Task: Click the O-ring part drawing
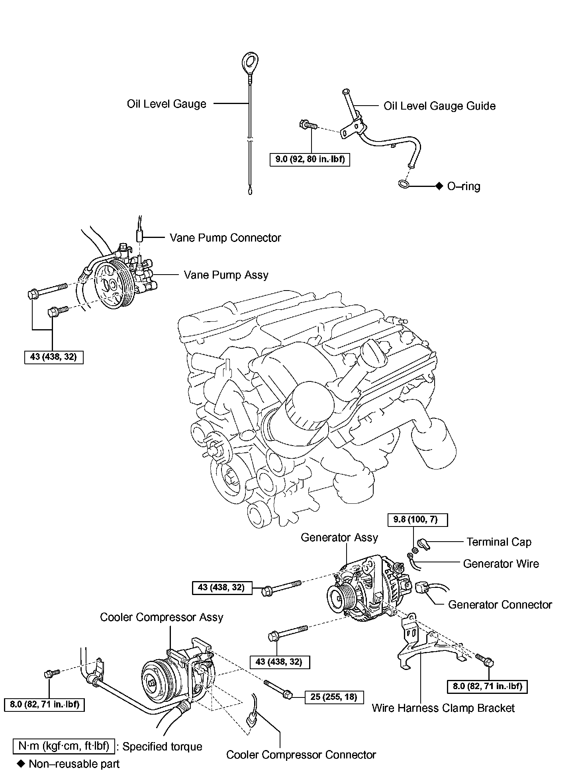pyautogui.click(x=403, y=184)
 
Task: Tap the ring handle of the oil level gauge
pyautogui.click(x=250, y=62)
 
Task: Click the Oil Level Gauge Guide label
pyautogui.click(x=439, y=106)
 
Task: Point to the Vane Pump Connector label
pyautogui.click(x=225, y=238)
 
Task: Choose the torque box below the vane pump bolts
pyautogui.click(x=53, y=357)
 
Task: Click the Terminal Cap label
pyautogui.click(x=499, y=542)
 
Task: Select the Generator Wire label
pyautogui.click(x=501, y=564)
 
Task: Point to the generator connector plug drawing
pyautogui.click(x=422, y=589)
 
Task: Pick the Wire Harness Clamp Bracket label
pyautogui.click(x=443, y=708)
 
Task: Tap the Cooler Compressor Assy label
pyautogui.click(x=161, y=617)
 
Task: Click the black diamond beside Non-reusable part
pyautogui.click(x=21, y=764)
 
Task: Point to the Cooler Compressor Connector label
pyautogui.click(x=301, y=755)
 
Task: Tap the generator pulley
pyautogui.click(x=339, y=598)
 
